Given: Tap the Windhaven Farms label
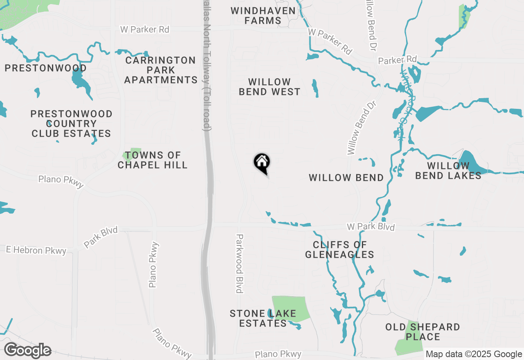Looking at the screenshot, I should point(263,16).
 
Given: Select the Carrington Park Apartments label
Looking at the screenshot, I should point(160,70).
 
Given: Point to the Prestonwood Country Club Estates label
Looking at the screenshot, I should point(71,124).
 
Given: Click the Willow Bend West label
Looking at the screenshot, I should point(269,87).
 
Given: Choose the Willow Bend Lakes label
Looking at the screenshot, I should point(448,171).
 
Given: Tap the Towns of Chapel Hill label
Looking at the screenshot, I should point(152,160).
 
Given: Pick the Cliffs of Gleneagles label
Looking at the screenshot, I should point(339,250).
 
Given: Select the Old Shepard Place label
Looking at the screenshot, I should point(422,332).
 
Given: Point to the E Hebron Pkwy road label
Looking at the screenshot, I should point(36,250).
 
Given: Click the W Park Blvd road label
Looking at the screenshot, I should point(370,227).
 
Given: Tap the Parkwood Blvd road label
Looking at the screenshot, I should point(239,263).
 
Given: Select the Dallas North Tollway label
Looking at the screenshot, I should point(208,65).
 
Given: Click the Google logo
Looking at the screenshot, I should point(27,351).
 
